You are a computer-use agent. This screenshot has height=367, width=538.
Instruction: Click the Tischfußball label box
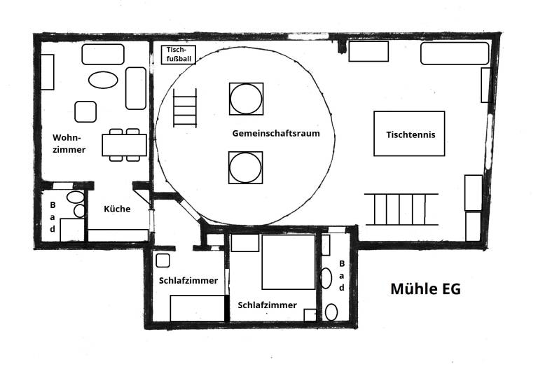pyautogui.click(x=179, y=55)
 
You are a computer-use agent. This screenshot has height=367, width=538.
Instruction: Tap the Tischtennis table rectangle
pyautogui.click(x=409, y=134)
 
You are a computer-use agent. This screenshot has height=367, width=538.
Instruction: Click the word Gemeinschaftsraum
pyautogui.click(x=276, y=133)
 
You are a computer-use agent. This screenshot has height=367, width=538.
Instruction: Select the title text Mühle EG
pyautogui.click(x=425, y=289)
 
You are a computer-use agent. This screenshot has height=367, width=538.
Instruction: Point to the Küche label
pyautogui.click(x=117, y=209)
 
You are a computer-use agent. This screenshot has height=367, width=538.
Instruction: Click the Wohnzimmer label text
pyautogui.click(x=69, y=144)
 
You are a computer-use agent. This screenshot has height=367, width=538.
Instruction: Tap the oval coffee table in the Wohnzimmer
pyautogui.click(x=103, y=80)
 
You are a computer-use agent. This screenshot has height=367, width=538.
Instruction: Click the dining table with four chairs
pyautogui.click(x=124, y=145)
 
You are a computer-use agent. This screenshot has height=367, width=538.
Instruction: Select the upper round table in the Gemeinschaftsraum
pyautogui.click(x=247, y=99)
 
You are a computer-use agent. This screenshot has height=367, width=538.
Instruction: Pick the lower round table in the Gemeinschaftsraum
pyautogui.click(x=246, y=167)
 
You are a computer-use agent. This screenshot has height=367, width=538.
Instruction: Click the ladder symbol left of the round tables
pyautogui.click(x=185, y=108)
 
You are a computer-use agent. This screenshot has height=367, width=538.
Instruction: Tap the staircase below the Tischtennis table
pyautogui.click(x=401, y=209)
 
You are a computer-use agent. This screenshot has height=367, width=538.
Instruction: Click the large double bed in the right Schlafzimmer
pyautogui.click(x=289, y=262)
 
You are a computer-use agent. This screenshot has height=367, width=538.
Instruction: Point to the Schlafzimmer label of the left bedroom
pyautogui.click(x=188, y=281)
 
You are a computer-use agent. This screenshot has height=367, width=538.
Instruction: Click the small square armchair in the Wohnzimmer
pyautogui.click(x=85, y=111)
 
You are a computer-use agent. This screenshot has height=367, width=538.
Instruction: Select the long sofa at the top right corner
pyautogui.click(x=455, y=53)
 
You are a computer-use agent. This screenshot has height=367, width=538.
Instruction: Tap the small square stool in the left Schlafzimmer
pyautogui.click(x=163, y=261)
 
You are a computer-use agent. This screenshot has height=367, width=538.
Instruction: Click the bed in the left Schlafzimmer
pyautogui.click(x=198, y=308)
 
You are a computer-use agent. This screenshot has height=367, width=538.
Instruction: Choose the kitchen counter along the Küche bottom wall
pyautogui.click(x=118, y=235)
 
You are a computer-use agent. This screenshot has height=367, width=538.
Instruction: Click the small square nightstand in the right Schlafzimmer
pyautogui.click(x=310, y=315)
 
